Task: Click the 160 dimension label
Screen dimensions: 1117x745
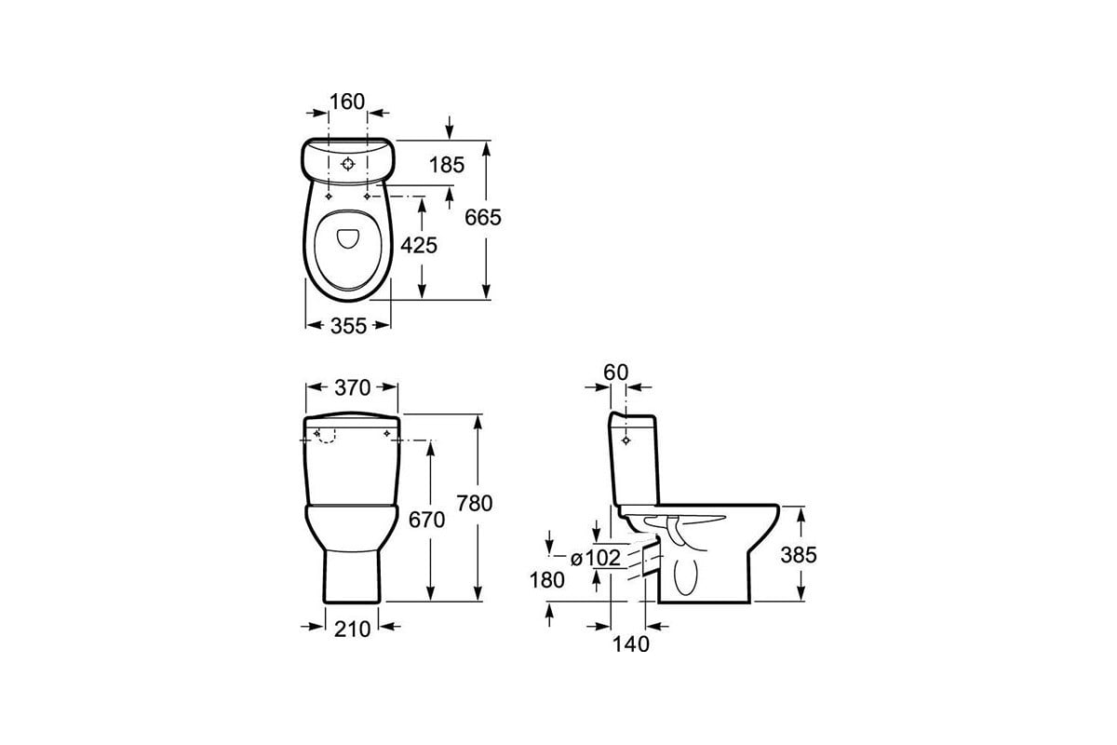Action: pos(347,102)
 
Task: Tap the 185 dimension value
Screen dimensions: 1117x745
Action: pos(447,165)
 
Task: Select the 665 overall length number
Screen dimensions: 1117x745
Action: pos(483,218)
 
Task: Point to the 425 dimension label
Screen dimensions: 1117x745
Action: pos(419,245)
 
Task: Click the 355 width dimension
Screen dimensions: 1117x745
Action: pos(348,326)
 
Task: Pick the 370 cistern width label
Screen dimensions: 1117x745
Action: pos(353,387)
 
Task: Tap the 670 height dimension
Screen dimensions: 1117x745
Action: pos(427,520)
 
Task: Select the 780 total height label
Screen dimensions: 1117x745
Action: pos(475,504)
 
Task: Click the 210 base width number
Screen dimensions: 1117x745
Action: pos(353,630)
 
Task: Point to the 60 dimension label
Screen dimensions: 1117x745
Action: pos(616,372)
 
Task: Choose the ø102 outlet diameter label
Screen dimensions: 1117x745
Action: pos(596,558)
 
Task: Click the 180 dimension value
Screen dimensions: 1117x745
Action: pos(547,580)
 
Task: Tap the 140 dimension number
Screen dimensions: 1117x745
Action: pos(631,644)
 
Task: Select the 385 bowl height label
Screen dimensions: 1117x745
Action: pos(799,555)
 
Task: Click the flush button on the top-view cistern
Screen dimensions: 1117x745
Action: pos(347,164)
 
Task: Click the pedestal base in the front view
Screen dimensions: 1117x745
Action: pos(352,576)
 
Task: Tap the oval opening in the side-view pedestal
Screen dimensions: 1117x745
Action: pos(685,575)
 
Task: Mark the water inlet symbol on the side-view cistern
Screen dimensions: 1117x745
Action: pos(626,440)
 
